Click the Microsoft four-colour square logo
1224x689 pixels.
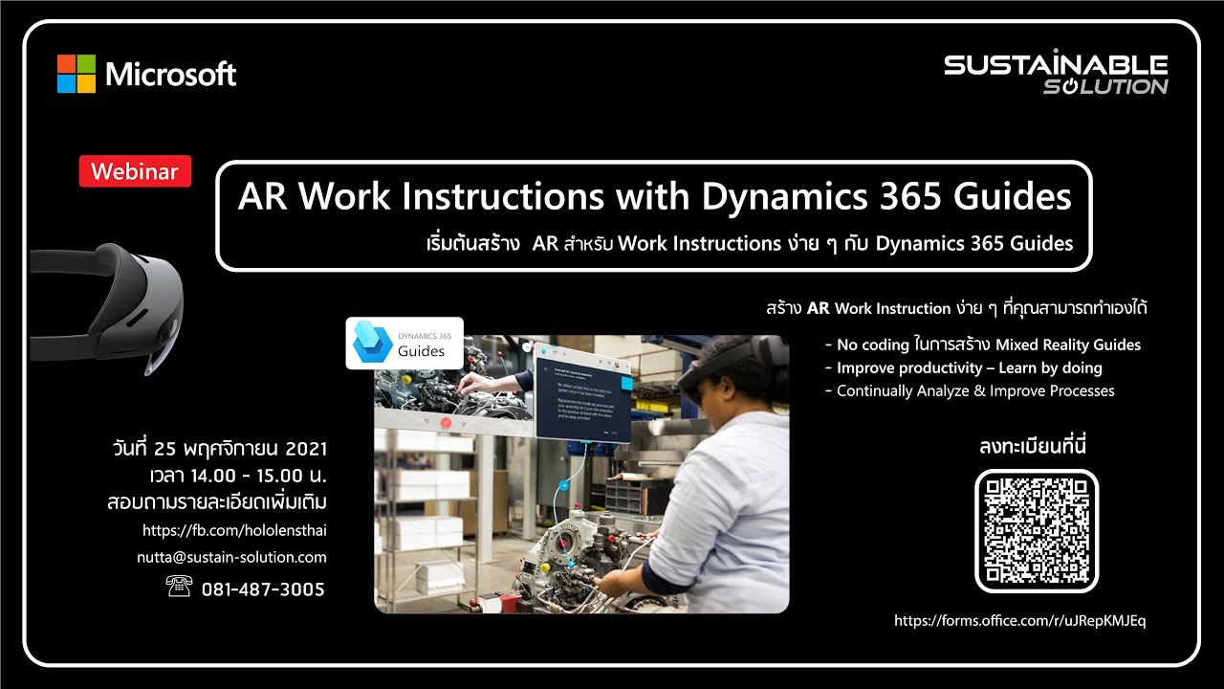[76, 74]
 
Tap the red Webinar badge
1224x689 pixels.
[135, 171]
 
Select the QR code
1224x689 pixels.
[1037, 531]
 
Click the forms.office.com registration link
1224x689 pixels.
[1019, 620]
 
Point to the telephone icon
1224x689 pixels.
[179, 588]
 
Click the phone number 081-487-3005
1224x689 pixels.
[263, 589]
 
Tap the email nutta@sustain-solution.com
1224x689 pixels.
[234, 557]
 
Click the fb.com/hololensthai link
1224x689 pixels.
[240, 529]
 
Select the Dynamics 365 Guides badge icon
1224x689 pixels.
[371, 343]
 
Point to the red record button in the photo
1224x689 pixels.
[446, 421]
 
